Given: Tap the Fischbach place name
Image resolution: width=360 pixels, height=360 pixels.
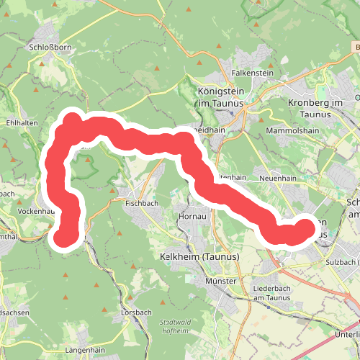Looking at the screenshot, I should (141, 203).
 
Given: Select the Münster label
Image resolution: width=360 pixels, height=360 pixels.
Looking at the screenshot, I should (221, 282).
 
